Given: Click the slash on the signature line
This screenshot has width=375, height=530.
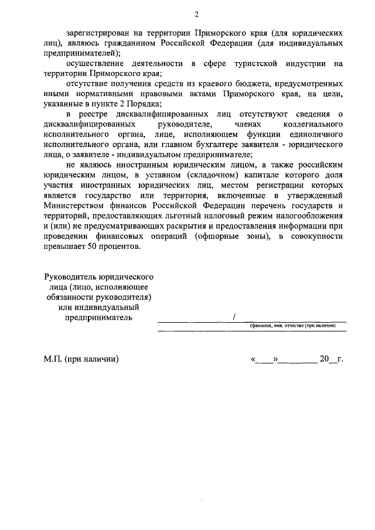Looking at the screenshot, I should click(234, 317).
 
